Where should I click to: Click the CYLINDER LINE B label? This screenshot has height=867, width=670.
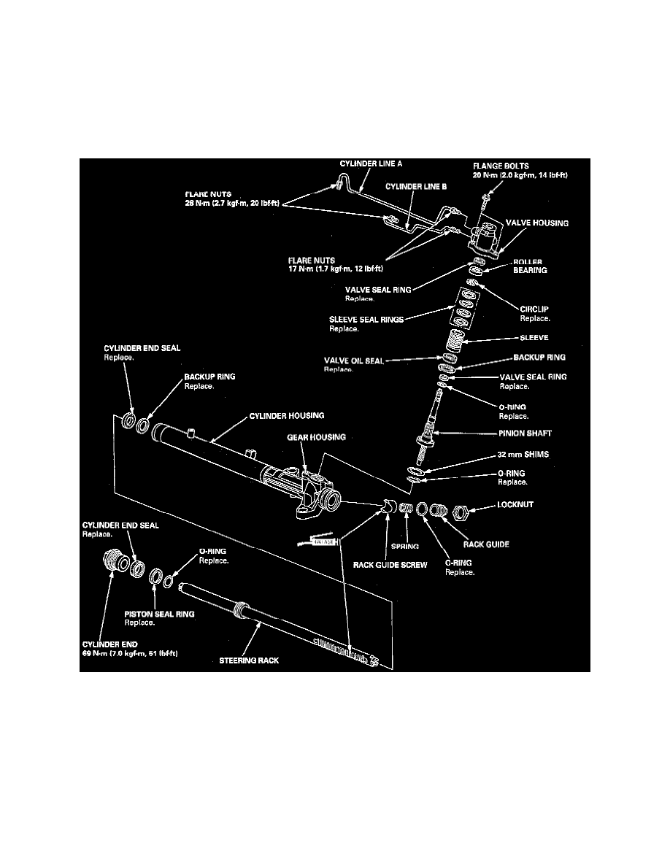point(416,186)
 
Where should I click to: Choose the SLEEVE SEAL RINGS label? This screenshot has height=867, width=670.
point(366,318)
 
